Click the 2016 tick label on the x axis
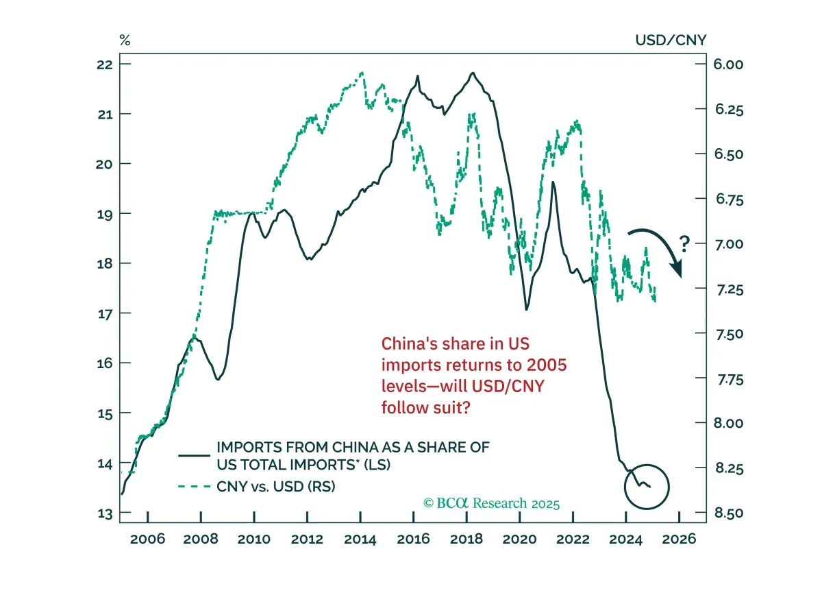point(413,539)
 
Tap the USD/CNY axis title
point(671,40)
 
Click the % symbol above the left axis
point(125,40)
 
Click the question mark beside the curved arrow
point(684,244)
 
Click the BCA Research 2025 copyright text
point(491,503)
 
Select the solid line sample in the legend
point(194,456)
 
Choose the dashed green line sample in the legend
point(194,487)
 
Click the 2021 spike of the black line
point(553,182)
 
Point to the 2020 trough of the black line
point(527,310)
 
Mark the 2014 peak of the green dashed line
point(362,73)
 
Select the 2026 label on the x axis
point(679,539)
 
